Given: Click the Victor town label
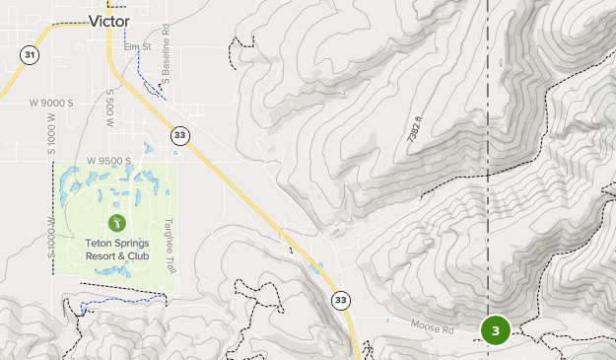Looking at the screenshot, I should point(109,20).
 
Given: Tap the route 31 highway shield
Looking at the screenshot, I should point(30,55).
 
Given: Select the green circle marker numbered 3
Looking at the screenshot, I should point(495,330).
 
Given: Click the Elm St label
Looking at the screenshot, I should point(136,46).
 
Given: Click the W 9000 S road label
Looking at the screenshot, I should point(51,103).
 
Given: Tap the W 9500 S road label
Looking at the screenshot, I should point(108,160).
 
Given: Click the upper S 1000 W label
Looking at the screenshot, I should point(51,132).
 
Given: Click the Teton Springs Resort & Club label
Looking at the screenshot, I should point(116,250).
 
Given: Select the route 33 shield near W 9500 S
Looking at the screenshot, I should point(178,135).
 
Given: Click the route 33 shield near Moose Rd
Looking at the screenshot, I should point(341,300).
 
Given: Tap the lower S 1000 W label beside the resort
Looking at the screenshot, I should point(51,237).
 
